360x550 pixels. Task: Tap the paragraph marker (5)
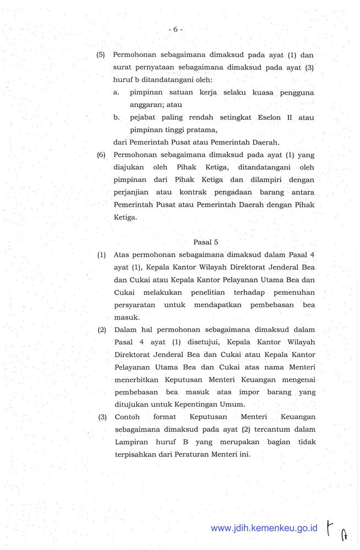tap(101, 55)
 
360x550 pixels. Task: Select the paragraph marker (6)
tap(101, 155)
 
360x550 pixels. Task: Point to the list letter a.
tap(117, 92)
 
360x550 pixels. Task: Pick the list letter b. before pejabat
tap(117, 118)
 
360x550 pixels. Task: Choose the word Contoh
tap(127, 417)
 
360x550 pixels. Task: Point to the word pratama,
tap(198, 130)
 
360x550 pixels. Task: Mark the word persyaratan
tap(135, 305)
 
